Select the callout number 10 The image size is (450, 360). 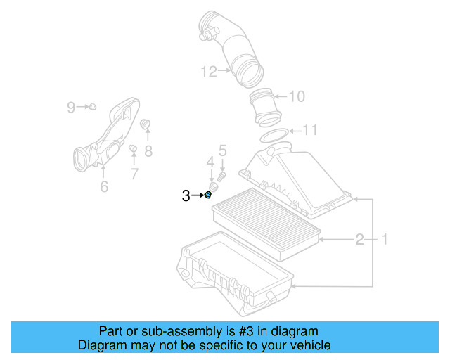coord(297,96)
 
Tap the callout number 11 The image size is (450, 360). coord(309,130)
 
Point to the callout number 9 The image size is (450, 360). coord(71,107)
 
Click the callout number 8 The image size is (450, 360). coord(148,150)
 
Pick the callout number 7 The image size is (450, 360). coord(134,172)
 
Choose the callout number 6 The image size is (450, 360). coord(103,186)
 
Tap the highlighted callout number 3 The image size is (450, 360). coord(186,195)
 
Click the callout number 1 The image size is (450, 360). coord(385,240)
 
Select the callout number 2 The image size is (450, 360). coord(359,240)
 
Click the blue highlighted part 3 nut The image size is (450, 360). coord(209,195)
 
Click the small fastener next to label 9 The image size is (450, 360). coord(91,107)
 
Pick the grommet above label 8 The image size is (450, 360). coord(146,125)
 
